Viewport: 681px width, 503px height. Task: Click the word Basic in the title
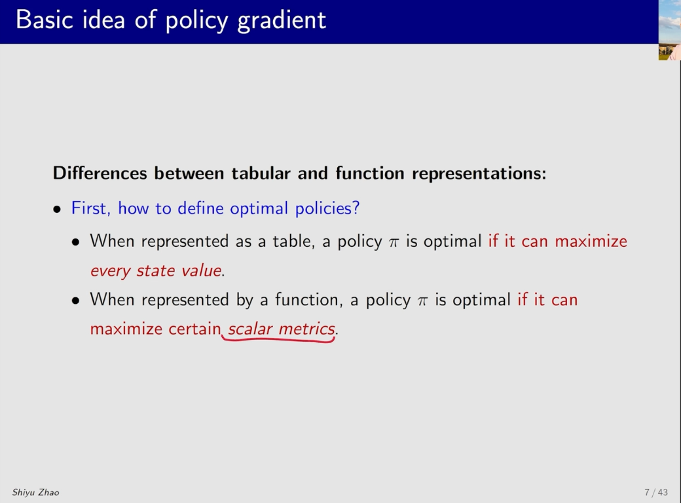point(45,20)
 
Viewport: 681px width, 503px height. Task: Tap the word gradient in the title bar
point(282,21)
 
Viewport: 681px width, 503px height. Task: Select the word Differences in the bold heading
point(100,174)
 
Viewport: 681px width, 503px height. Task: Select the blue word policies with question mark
point(327,209)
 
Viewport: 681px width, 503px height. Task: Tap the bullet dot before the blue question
point(57,210)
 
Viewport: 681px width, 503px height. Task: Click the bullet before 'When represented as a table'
point(76,242)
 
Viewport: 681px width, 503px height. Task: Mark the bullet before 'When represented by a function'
point(76,301)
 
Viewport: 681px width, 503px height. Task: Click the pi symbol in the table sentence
point(394,242)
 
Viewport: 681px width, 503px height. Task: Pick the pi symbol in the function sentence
point(422,301)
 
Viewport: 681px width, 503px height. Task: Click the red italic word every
point(110,271)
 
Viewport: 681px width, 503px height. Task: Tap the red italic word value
point(202,270)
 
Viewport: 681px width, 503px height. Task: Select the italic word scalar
point(251,329)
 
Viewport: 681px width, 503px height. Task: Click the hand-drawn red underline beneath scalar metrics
point(278,340)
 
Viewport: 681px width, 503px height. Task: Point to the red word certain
point(194,328)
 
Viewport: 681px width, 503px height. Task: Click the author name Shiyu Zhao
point(35,493)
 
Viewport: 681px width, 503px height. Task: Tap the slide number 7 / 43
point(656,492)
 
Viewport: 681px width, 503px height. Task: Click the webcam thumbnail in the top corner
point(669,30)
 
